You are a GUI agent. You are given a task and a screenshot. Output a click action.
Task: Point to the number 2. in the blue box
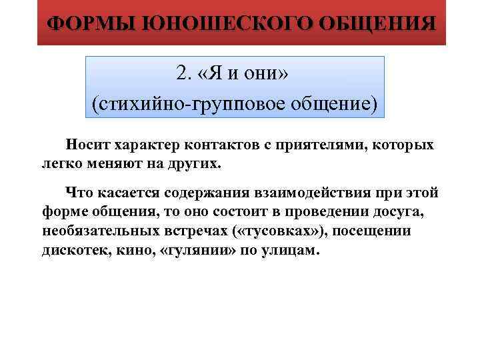tap(185, 73)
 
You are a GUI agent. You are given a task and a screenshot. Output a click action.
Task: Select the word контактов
tap(220, 145)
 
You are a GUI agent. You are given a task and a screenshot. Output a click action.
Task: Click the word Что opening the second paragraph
tap(77, 193)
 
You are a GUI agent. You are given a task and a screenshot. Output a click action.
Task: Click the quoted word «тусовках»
tap(279, 231)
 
